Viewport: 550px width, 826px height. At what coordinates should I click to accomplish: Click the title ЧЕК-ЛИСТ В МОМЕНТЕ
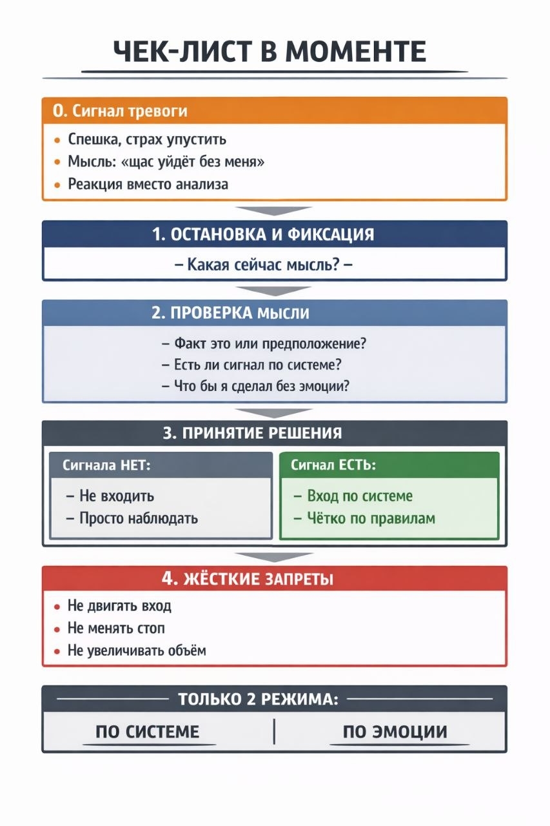pos(270,52)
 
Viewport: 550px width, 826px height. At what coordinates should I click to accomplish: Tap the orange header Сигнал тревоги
pos(120,111)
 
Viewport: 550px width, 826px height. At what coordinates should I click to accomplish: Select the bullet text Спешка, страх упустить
pos(147,139)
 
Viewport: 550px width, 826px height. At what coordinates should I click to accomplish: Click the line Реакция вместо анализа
pos(148,184)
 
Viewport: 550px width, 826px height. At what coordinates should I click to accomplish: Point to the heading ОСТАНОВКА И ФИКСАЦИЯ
pos(263,234)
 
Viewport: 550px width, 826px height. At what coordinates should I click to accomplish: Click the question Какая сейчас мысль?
pos(264,265)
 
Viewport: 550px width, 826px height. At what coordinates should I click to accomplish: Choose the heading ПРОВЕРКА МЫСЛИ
pos(230,314)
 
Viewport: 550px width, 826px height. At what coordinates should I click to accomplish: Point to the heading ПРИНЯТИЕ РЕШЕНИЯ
pos(252,433)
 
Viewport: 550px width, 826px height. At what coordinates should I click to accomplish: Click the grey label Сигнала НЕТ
pos(106,465)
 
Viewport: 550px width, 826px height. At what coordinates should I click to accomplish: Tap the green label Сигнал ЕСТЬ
pos(333,465)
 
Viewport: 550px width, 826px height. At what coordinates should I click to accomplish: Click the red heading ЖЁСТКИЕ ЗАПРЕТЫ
pos(248,579)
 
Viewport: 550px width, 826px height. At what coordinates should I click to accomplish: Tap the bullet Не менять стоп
pos(117,628)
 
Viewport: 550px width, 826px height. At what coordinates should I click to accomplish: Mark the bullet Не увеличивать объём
pos(137,650)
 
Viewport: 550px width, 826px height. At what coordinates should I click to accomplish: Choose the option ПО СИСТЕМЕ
pos(147,732)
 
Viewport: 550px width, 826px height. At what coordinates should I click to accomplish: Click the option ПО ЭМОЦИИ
pos(395,732)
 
